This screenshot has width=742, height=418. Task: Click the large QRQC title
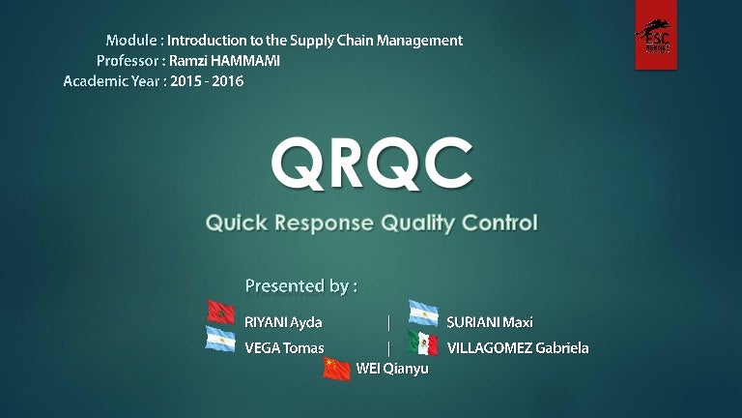point(371,164)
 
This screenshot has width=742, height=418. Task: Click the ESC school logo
point(655,35)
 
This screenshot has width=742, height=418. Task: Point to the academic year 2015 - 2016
point(206,81)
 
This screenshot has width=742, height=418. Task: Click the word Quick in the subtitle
point(236,224)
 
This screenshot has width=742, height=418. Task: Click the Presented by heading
point(301,285)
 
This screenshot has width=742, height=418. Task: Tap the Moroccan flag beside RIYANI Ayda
point(221,312)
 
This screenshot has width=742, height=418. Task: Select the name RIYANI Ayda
point(283,322)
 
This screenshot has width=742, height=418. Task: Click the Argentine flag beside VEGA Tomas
point(220,339)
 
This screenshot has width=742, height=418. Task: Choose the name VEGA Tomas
point(284,347)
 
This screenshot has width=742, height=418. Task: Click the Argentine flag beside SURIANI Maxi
point(423,313)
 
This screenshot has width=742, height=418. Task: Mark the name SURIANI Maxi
point(489,322)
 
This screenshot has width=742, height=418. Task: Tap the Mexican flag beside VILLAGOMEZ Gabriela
point(422,342)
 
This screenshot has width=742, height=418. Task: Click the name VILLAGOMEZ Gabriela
point(517,347)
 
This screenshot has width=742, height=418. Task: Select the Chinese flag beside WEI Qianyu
point(336,368)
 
